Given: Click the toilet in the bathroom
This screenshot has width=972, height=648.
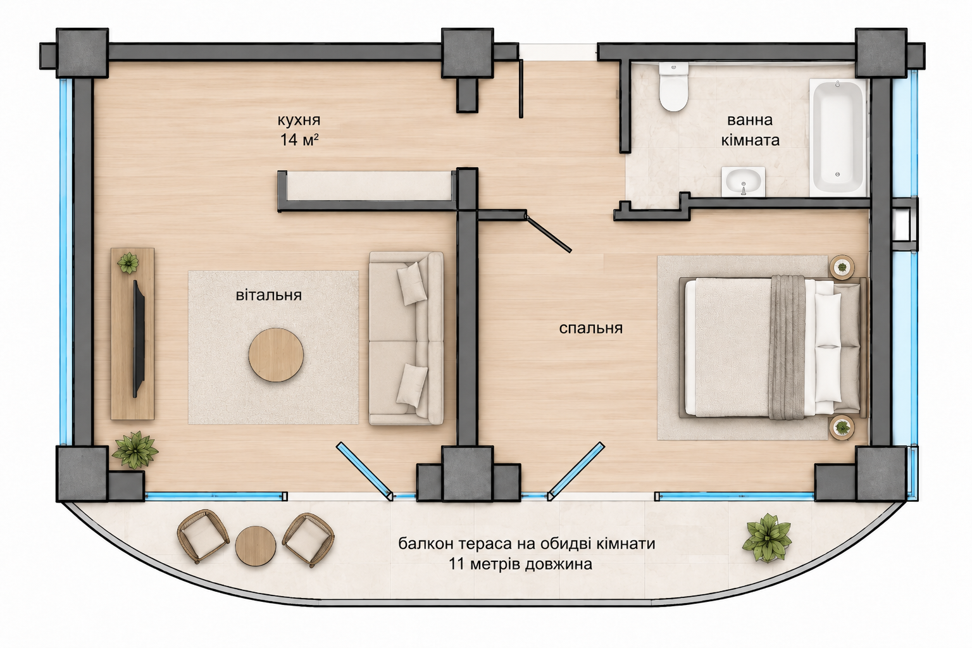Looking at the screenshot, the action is [673, 87].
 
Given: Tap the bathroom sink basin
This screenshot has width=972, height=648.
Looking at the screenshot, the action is [744, 181].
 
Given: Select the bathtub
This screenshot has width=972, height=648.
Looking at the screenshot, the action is [837, 137].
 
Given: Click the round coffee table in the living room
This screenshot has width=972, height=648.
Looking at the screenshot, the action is [276, 354].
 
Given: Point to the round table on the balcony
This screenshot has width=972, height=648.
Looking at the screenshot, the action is [256, 545].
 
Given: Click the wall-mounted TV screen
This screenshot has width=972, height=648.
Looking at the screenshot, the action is [139, 339].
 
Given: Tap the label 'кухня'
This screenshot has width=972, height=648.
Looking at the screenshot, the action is [299, 120].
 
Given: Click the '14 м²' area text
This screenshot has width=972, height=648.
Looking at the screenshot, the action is [299, 140].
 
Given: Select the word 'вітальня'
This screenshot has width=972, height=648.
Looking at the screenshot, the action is [268, 295].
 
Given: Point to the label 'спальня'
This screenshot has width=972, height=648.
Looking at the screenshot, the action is [590, 328].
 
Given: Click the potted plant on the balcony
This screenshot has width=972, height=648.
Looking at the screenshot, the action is [767, 538].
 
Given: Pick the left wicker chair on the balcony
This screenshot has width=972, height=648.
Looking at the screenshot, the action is [203, 537].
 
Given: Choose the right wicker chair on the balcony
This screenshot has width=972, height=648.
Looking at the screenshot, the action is [309, 540].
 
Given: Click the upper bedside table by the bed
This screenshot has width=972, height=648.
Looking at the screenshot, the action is [842, 266].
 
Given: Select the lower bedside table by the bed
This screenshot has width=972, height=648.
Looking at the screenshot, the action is [842, 428].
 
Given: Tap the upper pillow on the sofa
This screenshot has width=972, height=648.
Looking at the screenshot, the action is [412, 283].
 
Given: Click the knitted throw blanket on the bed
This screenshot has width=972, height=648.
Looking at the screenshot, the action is [788, 347].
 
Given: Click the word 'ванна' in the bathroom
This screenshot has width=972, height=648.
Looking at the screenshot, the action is [750, 120].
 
